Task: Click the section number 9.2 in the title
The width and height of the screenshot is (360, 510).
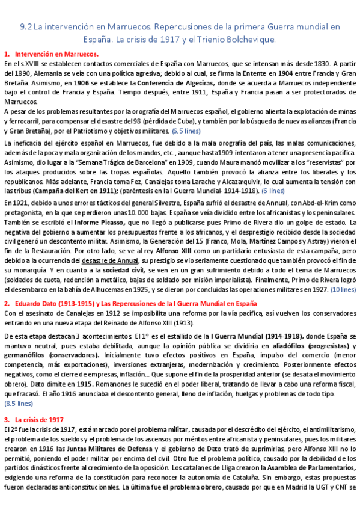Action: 26,27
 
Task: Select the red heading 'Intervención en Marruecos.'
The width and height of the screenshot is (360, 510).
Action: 57,54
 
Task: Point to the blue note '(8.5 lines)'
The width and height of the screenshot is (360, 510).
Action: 19,404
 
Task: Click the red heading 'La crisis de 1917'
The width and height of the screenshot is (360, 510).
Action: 40,419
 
